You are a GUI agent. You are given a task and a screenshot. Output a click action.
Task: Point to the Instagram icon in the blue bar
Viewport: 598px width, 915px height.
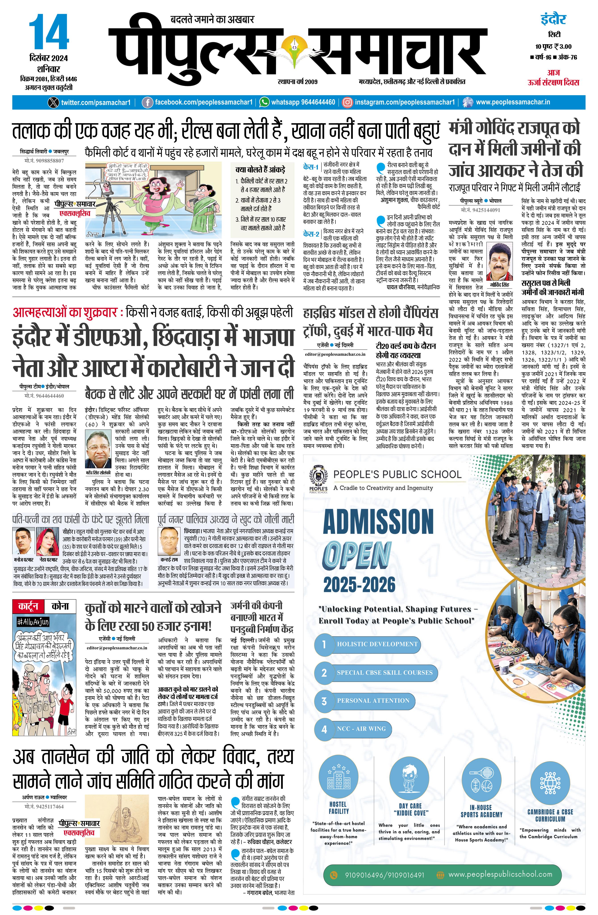coord(347,103)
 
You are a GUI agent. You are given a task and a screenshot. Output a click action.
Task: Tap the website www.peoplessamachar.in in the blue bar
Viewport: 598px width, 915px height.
coord(513,103)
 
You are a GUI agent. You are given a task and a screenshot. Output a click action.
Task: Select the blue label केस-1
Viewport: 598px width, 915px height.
coord(311,167)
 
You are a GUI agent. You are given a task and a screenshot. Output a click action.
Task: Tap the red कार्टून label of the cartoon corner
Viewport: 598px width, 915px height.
coord(28,606)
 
